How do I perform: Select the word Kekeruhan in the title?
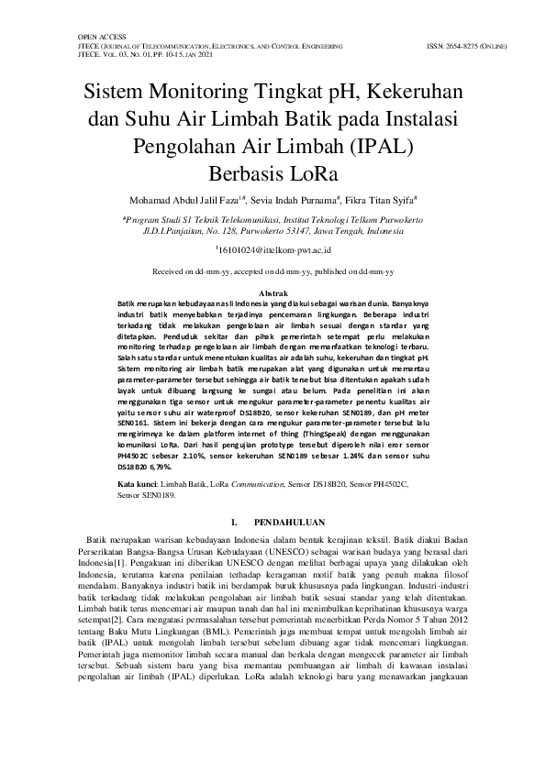pos(416,94)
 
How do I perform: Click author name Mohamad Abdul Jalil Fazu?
pos(181,199)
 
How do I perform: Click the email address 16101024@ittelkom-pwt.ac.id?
pos(273,249)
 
